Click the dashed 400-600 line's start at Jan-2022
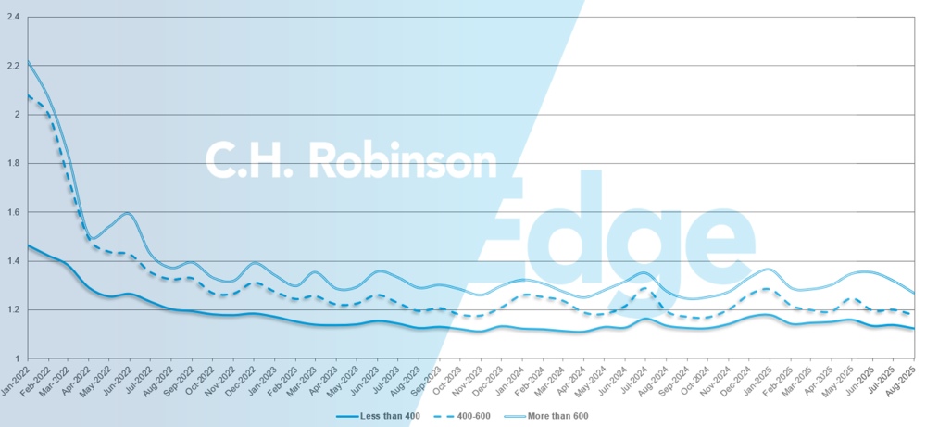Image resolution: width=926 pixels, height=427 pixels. (29, 95)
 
